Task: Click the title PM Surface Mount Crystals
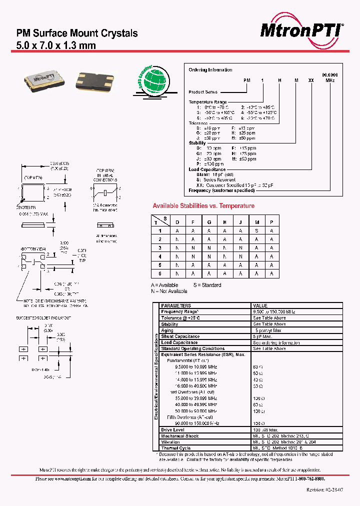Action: point(77,33)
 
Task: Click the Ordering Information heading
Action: point(210,70)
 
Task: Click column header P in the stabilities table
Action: point(271,222)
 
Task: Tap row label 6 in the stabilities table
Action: point(160,274)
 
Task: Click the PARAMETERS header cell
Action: point(176,305)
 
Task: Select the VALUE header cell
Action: point(260,305)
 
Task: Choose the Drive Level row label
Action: point(172,429)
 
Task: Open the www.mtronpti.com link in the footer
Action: point(70,478)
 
